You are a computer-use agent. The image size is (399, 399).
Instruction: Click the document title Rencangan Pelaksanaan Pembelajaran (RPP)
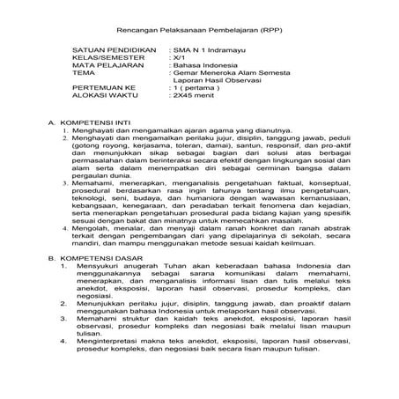(x=199, y=29)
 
